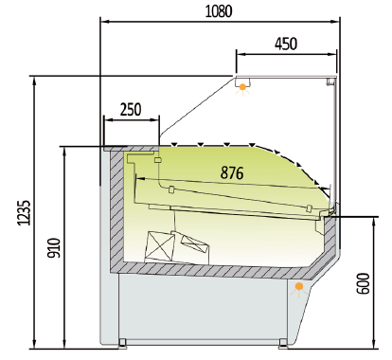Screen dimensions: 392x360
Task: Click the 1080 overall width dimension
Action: click(x=219, y=10)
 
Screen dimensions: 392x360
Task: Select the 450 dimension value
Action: click(x=285, y=43)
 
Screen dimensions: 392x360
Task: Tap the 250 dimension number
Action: click(x=131, y=109)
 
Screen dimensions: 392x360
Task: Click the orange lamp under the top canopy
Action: click(x=243, y=87)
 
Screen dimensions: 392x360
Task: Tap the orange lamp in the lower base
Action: click(x=299, y=285)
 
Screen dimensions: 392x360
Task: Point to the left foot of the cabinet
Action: click(x=122, y=343)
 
